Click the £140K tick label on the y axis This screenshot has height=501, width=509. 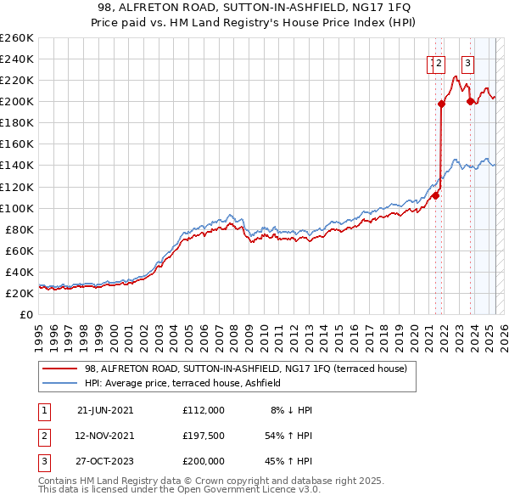click(x=17, y=166)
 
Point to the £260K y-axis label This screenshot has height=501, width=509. click(x=17, y=38)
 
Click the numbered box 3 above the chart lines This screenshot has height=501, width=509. click(x=467, y=62)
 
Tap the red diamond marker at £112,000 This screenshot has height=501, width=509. click(x=435, y=195)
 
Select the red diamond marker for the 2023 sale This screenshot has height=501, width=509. click(x=470, y=101)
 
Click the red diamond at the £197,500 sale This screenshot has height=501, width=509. click(x=441, y=104)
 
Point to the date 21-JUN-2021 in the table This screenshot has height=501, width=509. click(x=105, y=410)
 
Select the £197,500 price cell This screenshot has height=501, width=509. click(x=204, y=436)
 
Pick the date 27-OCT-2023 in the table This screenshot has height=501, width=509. click(x=105, y=461)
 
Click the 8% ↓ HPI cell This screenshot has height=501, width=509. click(x=291, y=410)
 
